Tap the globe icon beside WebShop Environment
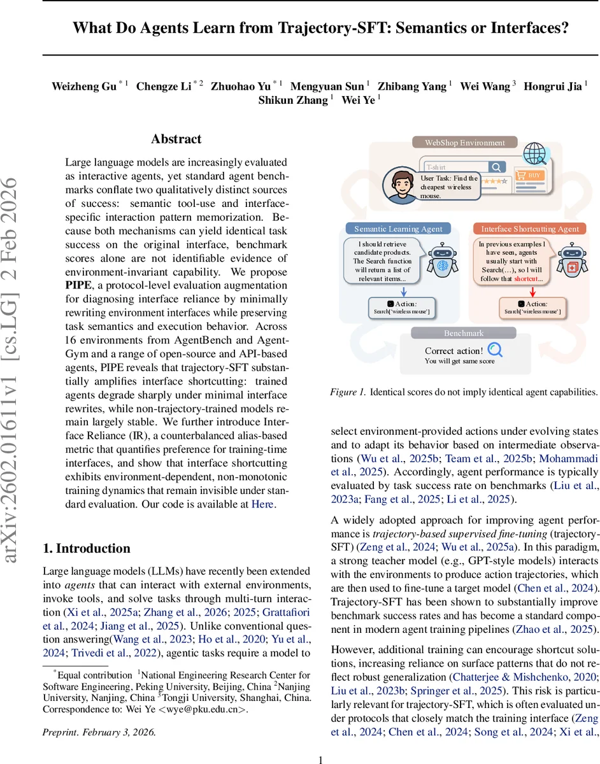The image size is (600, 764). pyautogui.click(x=534, y=153)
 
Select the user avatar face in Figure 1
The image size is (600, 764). pyautogui.click(x=399, y=185)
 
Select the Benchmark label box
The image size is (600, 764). pyautogui.click(x=464, y=333)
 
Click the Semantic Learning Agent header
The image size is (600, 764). pyautogui.click(x=398, y=229)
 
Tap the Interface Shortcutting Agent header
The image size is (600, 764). pyautogui.click(x=530, y=229)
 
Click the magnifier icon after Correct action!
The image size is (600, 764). pyautogui.click(x=495, y=350)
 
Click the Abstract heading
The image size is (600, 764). pyautogui.click(x=176, y=139)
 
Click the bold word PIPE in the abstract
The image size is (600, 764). pyautogui.click(x=79, y=285)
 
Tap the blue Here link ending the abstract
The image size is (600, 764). pyautogui.click(x=264, y=504)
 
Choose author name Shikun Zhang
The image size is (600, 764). pyautogui.click(x=293, y=100)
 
